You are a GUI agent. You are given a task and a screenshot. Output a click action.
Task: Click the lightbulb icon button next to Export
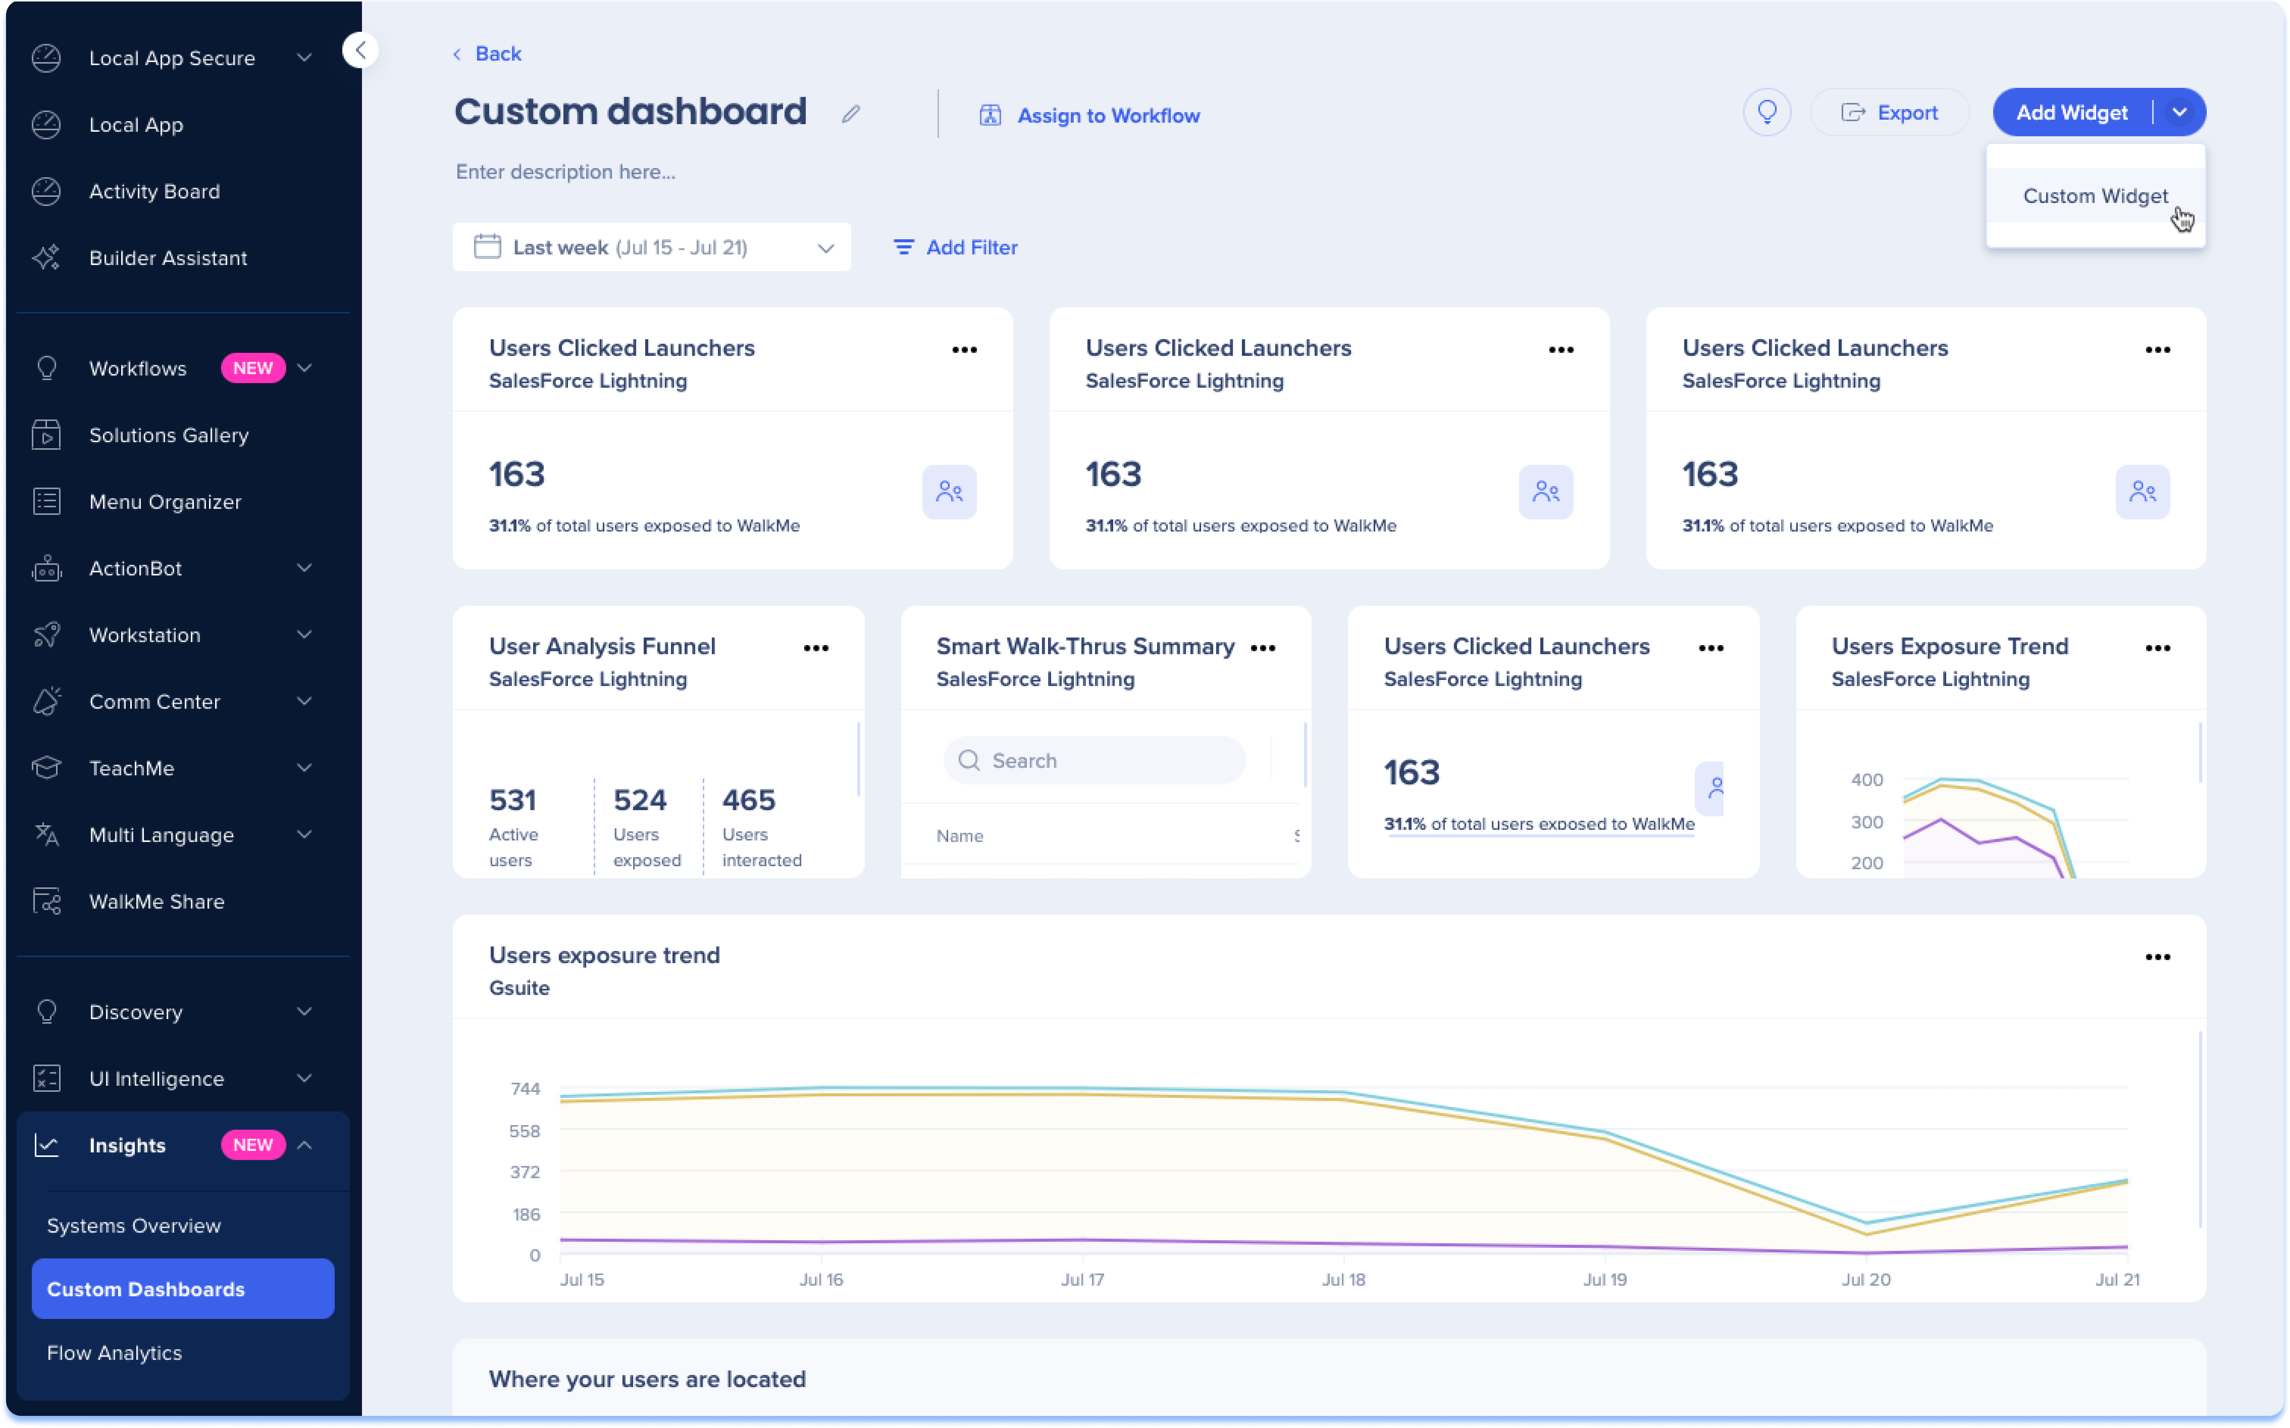(1766, 112)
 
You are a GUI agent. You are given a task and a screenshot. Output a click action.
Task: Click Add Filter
(956, 248)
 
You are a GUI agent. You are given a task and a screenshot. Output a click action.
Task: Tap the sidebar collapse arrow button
(360, 50)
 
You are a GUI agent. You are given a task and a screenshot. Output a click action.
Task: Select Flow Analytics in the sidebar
(114, 1352)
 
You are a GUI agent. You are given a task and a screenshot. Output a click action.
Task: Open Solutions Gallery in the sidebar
(168, 435)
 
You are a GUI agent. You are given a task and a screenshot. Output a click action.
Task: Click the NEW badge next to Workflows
(252, 368)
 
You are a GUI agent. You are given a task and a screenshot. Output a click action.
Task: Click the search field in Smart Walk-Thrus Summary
(1095, 760)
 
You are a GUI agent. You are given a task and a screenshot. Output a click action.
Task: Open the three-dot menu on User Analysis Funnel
(816, 648)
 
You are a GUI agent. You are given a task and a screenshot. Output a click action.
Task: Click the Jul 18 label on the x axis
(1343, 1280)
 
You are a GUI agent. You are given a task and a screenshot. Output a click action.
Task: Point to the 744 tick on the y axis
(525, 1089)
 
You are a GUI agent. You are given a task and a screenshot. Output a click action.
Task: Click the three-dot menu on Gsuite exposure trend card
(2157, 957)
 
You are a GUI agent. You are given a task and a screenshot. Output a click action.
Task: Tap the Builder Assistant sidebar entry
(167, 258)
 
